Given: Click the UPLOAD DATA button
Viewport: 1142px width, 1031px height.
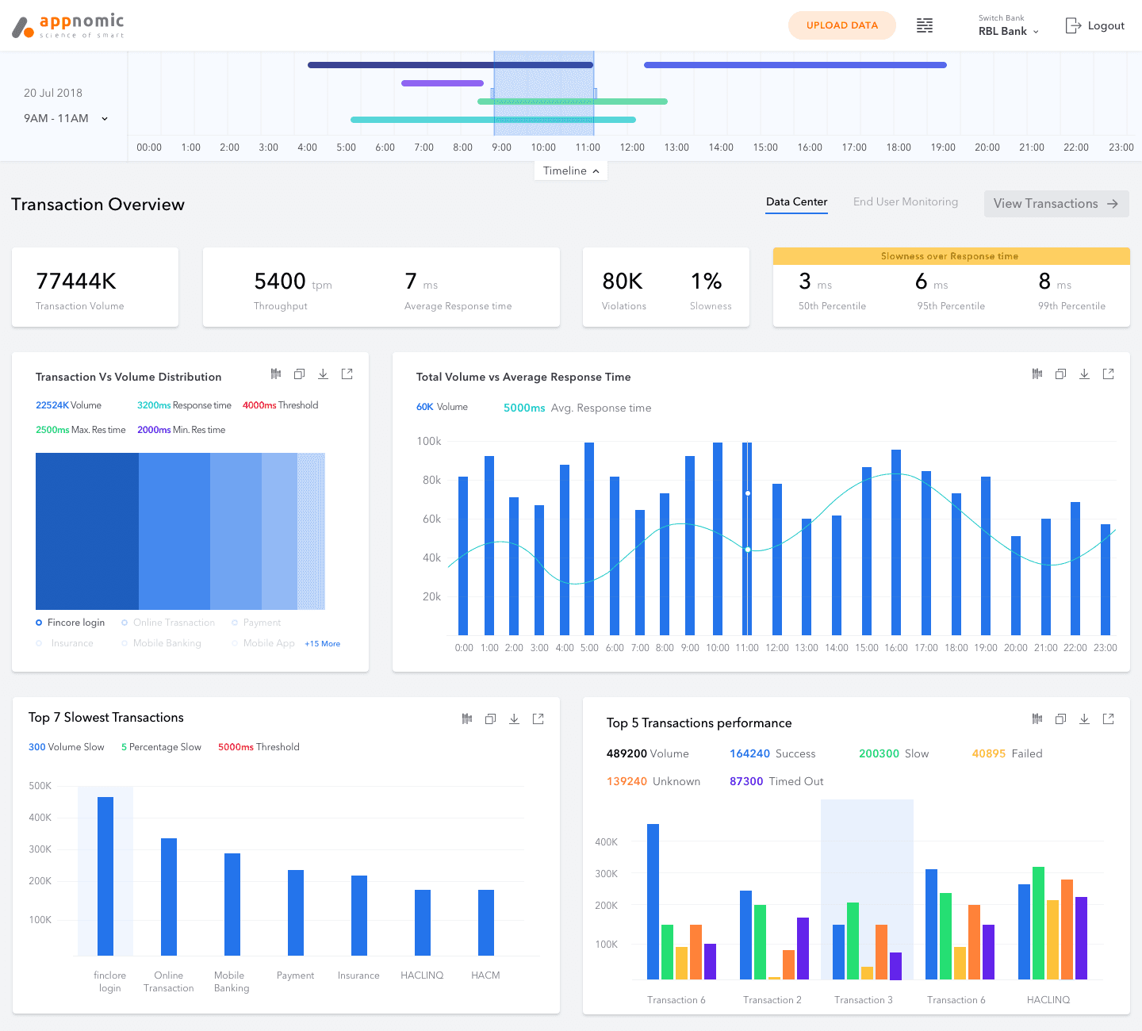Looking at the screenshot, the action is point(841,25).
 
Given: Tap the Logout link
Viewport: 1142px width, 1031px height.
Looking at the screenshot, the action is point(1094,25).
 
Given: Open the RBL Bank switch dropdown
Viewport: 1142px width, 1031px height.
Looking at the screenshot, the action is point(1008,31).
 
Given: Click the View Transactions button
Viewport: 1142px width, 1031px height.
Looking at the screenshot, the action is point(1056,203).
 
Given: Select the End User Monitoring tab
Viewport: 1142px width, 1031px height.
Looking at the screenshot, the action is point(905,201).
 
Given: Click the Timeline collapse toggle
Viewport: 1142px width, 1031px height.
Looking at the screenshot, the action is point(570,171).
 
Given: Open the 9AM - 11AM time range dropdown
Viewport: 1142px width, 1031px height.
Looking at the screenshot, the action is point(66,118).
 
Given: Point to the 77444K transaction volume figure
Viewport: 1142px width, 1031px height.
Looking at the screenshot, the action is point(75,282).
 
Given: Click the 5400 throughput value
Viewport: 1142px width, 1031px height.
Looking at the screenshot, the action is point(279,282).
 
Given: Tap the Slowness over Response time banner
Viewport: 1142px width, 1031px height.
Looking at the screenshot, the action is point(951,256).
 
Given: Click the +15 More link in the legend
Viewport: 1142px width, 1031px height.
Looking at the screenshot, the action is point(322,643).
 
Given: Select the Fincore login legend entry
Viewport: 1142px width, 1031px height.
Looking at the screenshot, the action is point(70,623).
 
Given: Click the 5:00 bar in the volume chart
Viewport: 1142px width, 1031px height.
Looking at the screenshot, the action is point(589,538).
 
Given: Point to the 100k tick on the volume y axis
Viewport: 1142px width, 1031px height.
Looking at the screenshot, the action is point(429,441).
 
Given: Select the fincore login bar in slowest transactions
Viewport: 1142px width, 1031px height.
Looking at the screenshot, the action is point(105,876).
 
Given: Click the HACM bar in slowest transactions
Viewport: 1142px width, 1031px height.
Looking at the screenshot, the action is point(485,922).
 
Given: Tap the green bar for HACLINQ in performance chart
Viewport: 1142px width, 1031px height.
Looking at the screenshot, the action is point(1038,923).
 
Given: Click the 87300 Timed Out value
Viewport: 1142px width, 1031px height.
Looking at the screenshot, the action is point(776,781).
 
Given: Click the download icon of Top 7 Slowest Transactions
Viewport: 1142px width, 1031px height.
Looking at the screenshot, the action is point(514,719).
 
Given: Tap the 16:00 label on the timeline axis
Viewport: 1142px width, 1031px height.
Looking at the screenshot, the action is point(810,148).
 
